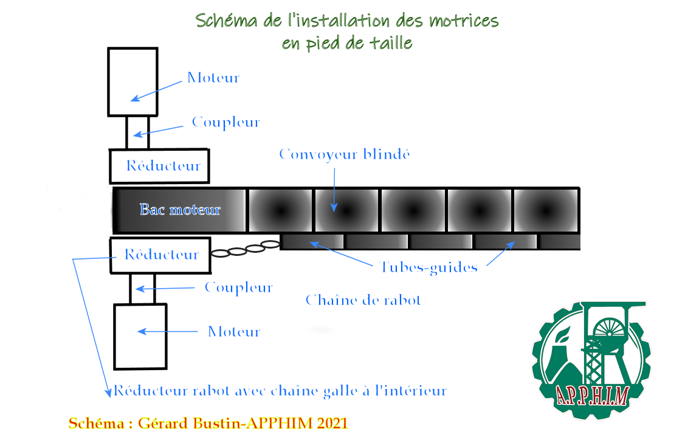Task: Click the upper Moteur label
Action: coord(213,78)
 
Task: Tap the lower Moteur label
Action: coord(234,332)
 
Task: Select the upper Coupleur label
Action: coord(225,122)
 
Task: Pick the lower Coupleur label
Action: coord(238,287)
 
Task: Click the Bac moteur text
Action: coord(180,210)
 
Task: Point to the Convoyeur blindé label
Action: coord(345,154)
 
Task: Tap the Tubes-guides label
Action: coord(428,267)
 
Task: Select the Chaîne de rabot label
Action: coord(363,300)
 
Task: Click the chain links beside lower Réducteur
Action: coord(245,249)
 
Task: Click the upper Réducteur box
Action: coord(159,166)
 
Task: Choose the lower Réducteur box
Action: coord(160,255)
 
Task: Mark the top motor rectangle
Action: coord(133,81)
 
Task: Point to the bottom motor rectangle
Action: coord(140,336)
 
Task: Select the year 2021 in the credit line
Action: coord(332,423)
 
